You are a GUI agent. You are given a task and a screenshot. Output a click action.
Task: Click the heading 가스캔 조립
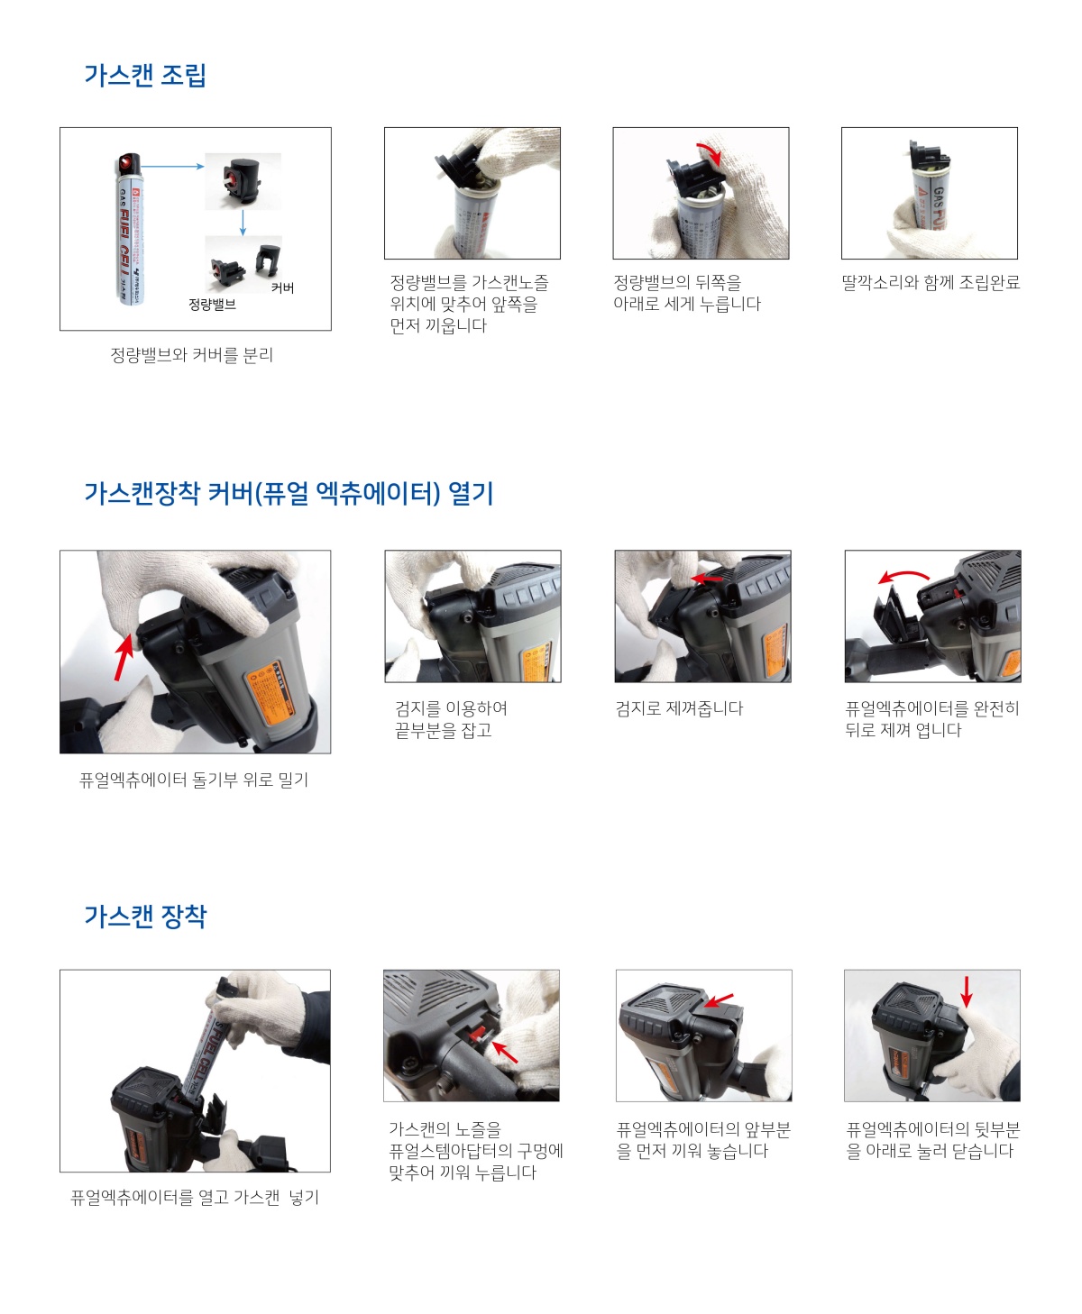tap(145, 75)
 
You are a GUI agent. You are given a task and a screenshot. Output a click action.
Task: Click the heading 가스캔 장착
tap(145, 916)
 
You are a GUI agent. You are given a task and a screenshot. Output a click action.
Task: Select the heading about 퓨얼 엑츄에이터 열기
tap(289, 493)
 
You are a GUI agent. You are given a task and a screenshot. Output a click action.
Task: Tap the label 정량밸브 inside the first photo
tap(212, 305)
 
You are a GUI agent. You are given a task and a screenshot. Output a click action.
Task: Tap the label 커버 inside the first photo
tap(282, 287)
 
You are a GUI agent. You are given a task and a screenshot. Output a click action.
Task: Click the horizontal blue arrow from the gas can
tap(173, 166)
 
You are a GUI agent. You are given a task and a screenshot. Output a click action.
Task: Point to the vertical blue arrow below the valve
tap(243, 223)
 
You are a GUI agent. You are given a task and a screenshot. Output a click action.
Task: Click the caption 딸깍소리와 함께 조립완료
tap(931, 282)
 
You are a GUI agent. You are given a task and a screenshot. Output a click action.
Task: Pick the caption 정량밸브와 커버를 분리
tap(191, 355)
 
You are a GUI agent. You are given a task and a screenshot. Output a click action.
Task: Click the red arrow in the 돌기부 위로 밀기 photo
tap(123, 657)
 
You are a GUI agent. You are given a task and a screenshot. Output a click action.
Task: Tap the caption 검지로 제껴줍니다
tap(679, 708)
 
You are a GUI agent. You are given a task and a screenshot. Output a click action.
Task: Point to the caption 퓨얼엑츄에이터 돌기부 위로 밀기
tap(194, 780)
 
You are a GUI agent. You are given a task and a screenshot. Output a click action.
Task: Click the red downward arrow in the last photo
tap(966, 990)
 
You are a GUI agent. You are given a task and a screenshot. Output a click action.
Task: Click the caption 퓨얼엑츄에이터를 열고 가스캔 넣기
tap(195, 1198)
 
